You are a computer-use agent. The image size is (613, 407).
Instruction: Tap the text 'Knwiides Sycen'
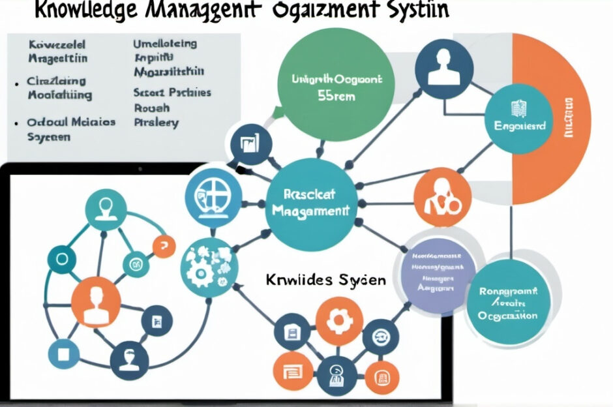tap(326, 280)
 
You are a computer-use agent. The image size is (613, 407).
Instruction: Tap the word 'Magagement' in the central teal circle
tap(310, 210)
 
